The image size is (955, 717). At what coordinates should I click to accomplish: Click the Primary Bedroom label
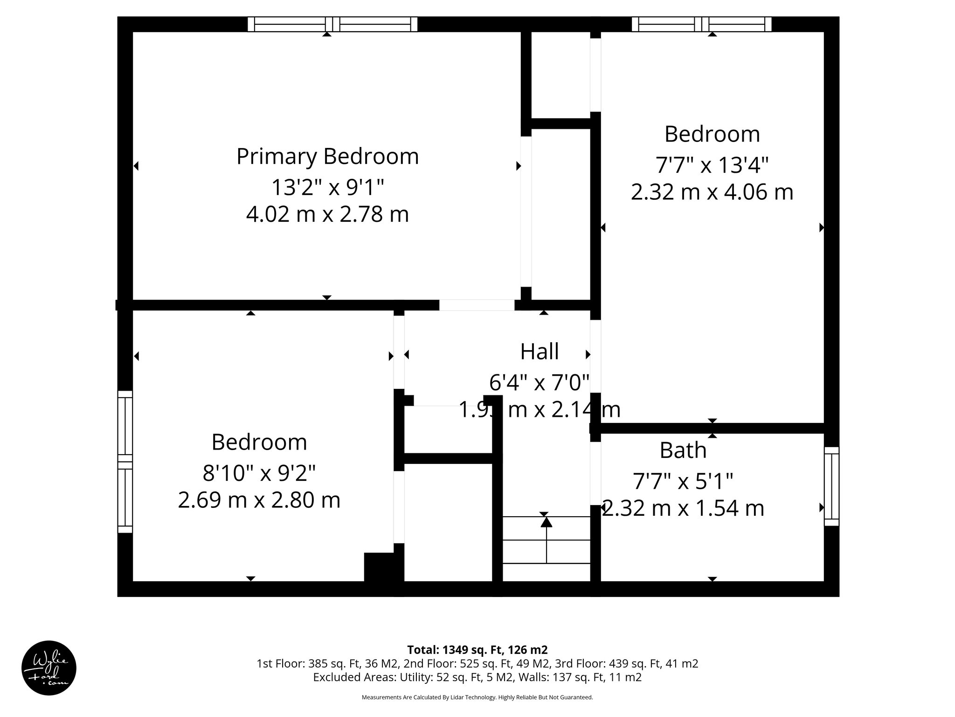327,156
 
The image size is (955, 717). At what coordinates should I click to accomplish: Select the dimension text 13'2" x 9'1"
327,188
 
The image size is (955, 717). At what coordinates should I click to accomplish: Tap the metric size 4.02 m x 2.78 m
327,215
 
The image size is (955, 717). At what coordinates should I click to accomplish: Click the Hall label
540,351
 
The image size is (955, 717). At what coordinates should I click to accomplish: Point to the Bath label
683,450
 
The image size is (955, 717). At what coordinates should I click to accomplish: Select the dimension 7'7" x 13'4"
712,165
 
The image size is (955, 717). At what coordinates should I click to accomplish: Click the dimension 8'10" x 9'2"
259,473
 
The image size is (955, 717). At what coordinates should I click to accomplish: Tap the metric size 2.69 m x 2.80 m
259,500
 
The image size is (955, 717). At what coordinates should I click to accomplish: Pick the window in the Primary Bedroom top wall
332,24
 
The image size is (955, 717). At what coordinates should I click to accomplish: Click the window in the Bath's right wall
831,486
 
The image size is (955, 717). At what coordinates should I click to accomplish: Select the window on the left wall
125,462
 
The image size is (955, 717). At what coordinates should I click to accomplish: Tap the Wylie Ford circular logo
49,668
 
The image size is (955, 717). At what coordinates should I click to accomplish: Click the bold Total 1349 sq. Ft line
477,650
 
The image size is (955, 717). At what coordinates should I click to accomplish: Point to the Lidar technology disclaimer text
477,697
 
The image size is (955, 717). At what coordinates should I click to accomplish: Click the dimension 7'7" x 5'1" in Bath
683,481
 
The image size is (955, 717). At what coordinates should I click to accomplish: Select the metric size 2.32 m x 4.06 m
712,192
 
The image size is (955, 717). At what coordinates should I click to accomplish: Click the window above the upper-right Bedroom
701,24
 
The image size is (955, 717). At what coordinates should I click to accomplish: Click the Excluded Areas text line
477,677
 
